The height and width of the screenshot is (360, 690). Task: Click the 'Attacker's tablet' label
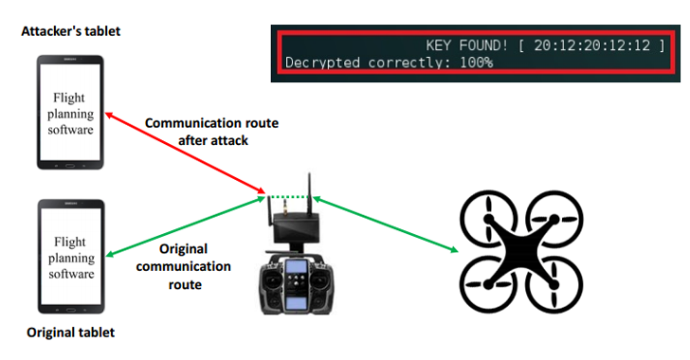(x=71, y=32)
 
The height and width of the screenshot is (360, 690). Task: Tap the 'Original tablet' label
(x=71, y=333)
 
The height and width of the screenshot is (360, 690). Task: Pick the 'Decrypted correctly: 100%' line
(x=388, y=63)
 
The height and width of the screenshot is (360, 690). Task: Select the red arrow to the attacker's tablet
(x=180, y=153)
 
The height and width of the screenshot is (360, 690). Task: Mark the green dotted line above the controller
(x=289, y=197)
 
